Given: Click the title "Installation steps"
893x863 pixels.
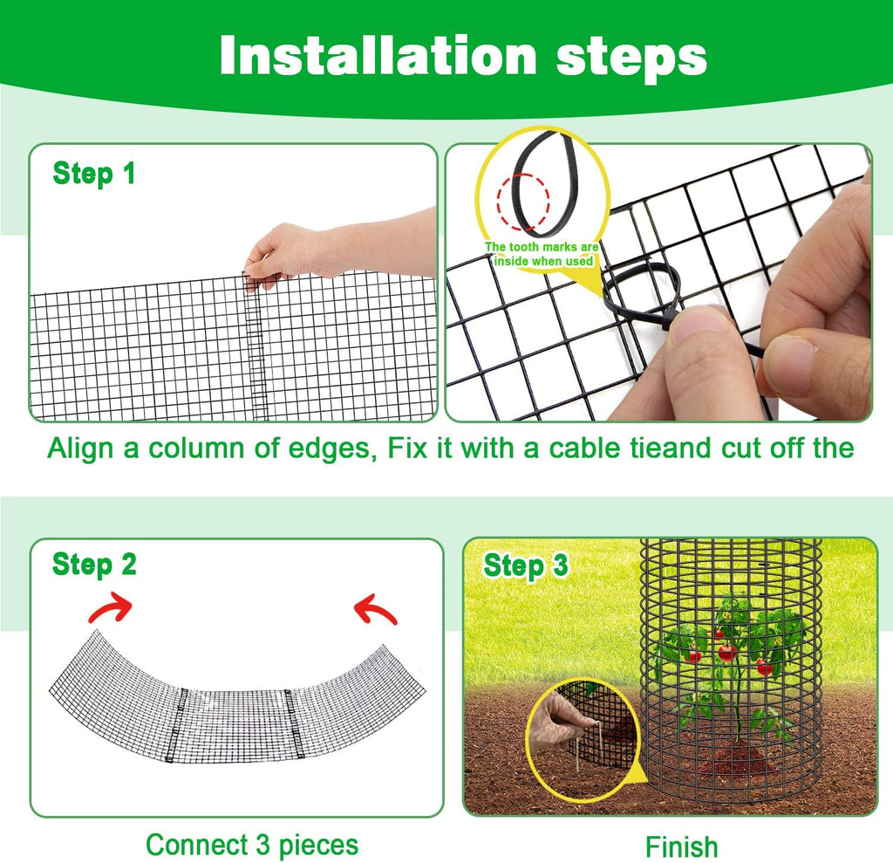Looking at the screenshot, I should (462, 56).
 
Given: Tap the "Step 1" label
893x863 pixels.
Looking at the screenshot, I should (94, 174).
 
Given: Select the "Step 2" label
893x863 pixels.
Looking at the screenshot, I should (94, 565).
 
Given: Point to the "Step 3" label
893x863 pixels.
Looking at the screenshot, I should (526, 565).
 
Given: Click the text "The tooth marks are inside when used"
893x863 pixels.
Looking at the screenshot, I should (542, 254).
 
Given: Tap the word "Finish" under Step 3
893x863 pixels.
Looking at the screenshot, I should (681, 846).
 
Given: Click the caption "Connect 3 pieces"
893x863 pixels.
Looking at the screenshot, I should (252, 845).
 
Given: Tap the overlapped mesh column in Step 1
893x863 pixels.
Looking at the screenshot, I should (254, 349).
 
